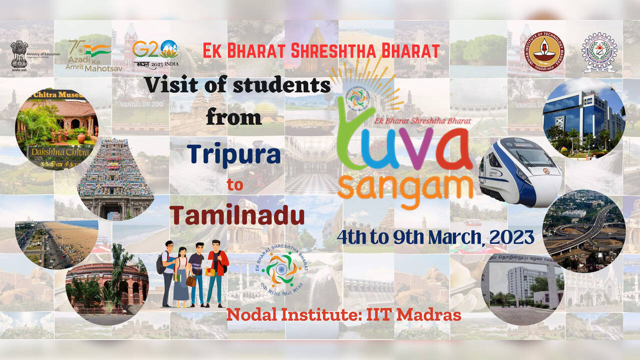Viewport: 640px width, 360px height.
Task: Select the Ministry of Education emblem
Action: click(x=19, y=54)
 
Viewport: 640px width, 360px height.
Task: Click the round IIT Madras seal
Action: click(x=544, y=51)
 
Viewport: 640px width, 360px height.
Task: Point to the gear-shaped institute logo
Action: click(x=598, y=52)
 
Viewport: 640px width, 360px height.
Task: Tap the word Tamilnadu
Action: click(x=237, y=215)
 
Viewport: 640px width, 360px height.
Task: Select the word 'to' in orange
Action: click(x=234, y=184)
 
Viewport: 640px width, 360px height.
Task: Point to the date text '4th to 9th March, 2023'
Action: click(x=435, y=236)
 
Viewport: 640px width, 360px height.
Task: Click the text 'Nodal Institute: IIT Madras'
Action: click(x=343, y=314)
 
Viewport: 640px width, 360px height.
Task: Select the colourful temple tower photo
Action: click(x=115, y=179)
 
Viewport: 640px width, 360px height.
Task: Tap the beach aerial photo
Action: click(x=56, y=245)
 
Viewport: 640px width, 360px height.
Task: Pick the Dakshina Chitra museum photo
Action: click(x=56, y=128)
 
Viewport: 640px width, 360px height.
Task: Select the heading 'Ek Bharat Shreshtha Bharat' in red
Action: click(x=321, y=50)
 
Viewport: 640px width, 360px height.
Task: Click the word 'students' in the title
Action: click(x=283, y=85)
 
